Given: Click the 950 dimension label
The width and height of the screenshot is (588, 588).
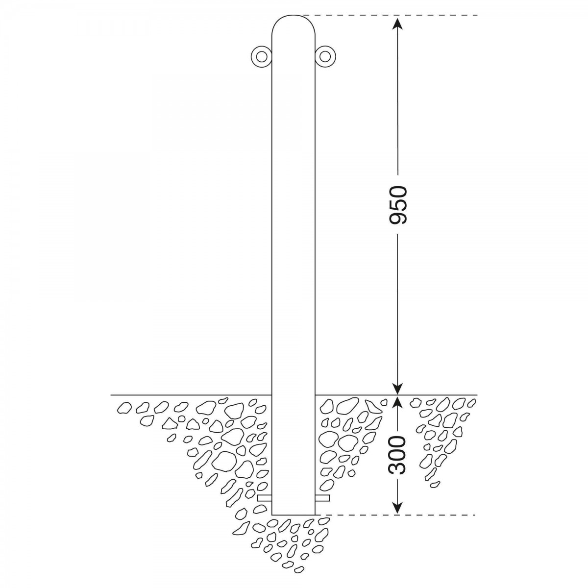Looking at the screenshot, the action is tap(398, 205).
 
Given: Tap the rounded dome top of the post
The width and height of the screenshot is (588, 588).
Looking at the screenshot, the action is tap(293, 15).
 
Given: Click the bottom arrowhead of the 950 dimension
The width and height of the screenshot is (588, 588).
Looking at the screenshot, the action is tap(398, 387).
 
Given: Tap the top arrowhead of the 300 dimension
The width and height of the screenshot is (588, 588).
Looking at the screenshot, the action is tap(398, 403).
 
